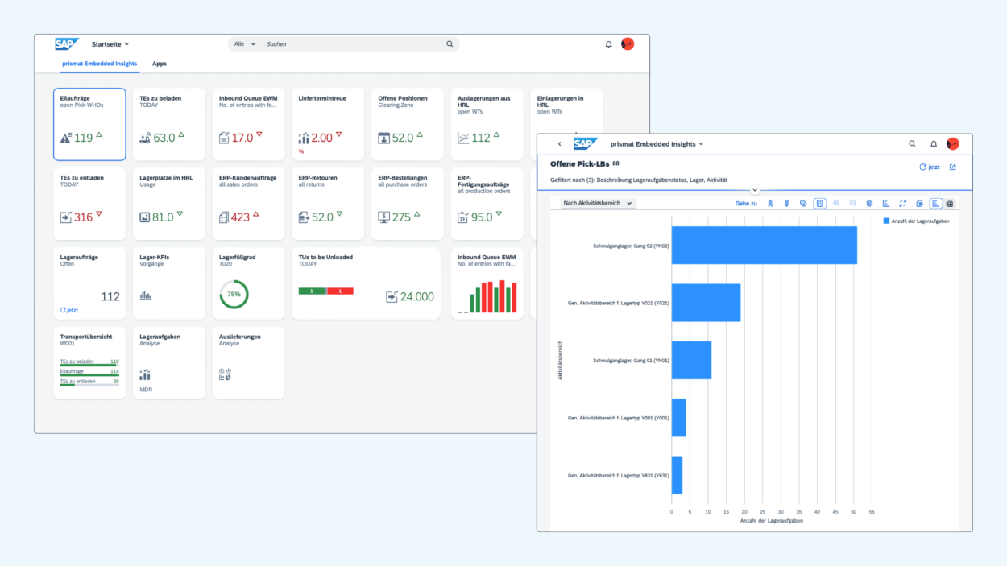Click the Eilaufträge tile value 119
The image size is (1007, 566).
click(84, 138)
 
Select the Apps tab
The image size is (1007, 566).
click(160, 64)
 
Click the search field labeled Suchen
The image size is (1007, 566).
click(354, 44)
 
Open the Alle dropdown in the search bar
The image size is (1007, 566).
click(244, 44)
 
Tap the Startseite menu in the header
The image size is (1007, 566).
click(110, 44)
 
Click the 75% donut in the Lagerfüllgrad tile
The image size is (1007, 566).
click(234, 295)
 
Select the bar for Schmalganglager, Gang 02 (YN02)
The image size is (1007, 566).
click(764, 245)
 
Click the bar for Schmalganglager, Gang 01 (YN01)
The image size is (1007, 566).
click(691, 360)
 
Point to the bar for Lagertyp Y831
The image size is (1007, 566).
click(677, 475)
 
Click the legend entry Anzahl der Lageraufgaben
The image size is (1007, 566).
click(916, 221)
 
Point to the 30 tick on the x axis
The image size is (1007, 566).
click(781, 511)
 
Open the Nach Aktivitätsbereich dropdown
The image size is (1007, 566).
click(598, 204)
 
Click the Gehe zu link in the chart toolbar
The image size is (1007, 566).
click(746, 204)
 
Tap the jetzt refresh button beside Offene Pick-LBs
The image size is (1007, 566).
click(930, 167)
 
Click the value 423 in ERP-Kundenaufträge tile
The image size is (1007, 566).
click(240, 217)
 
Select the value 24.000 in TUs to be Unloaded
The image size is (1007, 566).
click(417, 296)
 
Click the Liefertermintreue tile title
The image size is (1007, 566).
click(322, 98)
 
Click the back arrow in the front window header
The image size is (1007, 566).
click(560, 144)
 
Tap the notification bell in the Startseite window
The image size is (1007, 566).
click(609, 44)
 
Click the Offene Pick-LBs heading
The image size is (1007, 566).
click(579, 164)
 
